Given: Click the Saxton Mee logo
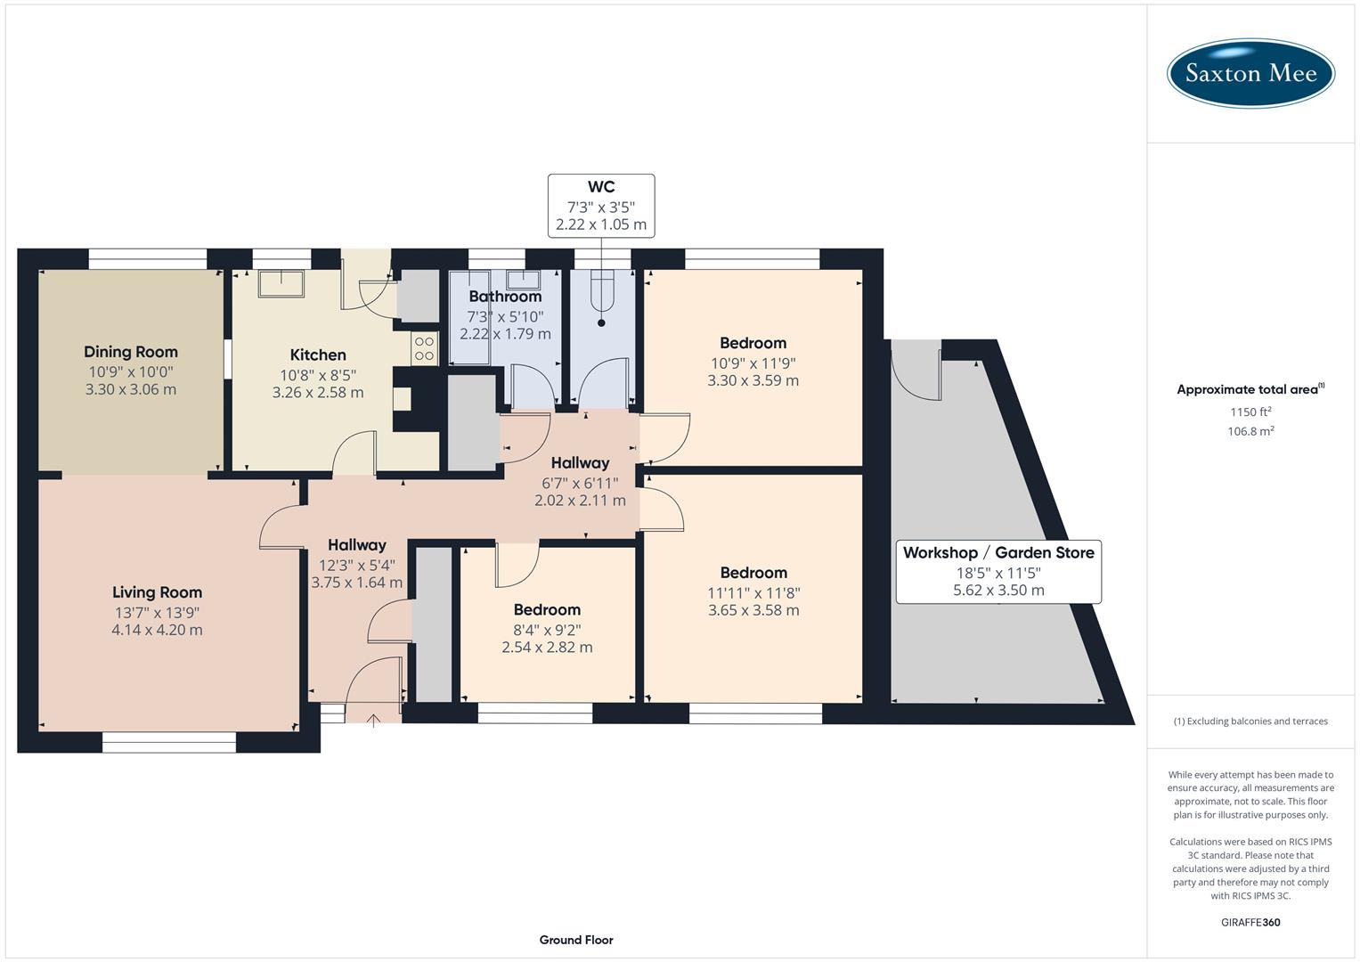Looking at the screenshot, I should point(1250,72).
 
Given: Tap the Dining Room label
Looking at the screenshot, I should point(131,352).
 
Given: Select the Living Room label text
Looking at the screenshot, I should point(157,592).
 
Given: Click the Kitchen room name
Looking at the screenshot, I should point(318,355).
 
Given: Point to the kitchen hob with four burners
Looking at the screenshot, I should point(424,348).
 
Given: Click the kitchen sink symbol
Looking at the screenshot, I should point(281,284).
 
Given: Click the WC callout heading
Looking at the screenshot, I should point(601,187).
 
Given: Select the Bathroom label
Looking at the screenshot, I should point(505,297).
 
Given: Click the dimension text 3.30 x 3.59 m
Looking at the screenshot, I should point(753,380).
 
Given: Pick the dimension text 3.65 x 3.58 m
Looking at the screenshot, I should point(753,610).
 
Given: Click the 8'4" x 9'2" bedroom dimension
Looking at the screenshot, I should point(547,629).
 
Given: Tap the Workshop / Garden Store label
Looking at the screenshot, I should point(998,552).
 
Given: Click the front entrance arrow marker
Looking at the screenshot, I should point(373,720).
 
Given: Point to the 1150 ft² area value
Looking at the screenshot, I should point(1250,412).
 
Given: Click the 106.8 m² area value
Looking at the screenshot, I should point(1250,431).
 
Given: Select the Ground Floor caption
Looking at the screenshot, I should point(576,940).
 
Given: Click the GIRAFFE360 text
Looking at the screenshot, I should point(1250,922).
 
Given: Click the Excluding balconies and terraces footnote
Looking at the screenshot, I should point(1250,721).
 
